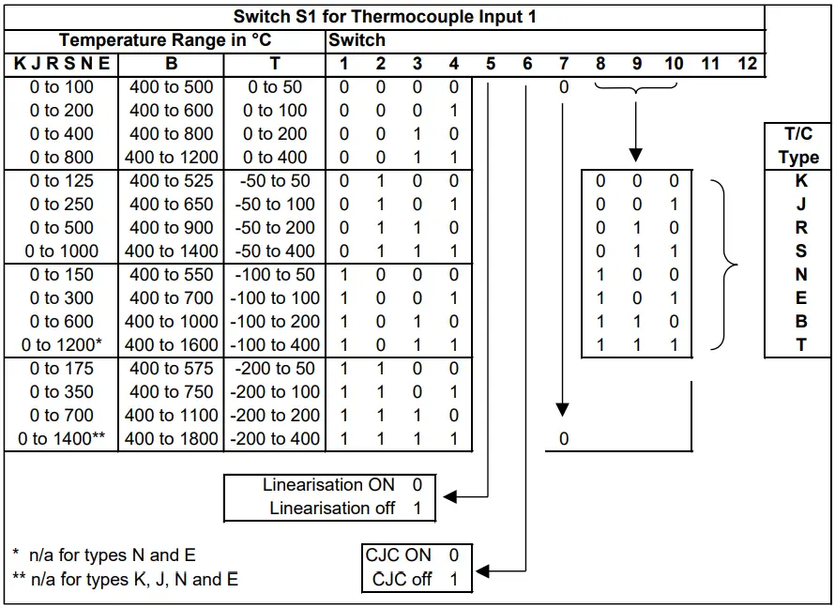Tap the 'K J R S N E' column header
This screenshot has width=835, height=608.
(x=61, y=64)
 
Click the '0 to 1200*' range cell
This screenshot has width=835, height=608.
(x=61, y=344)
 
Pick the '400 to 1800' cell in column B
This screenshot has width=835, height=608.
(x=171, y=438)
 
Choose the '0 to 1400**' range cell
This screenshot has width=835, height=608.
(x=61, y=438)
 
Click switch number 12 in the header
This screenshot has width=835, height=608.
(x=747, y=64)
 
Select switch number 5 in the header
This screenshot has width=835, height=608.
(x=491, y=64)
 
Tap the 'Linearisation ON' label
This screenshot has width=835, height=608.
(x=328, y=485)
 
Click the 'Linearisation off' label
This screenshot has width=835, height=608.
(x=332, y=509)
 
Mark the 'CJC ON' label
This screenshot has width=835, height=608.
(x=399, y=555)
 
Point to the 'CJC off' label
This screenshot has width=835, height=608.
(x=402, y=579)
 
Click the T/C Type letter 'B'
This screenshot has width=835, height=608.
(x=800, y=321)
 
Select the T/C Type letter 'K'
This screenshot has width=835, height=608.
(x=800, y=181)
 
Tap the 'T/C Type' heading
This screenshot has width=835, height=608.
(x=798, y=145)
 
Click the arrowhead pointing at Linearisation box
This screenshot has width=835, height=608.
(x=448, y=497)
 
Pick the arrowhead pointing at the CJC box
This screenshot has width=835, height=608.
(x=482, y=570)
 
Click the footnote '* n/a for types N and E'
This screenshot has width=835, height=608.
(x=104, y=555)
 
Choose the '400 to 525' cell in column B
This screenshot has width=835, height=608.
(x=171, y=181)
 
